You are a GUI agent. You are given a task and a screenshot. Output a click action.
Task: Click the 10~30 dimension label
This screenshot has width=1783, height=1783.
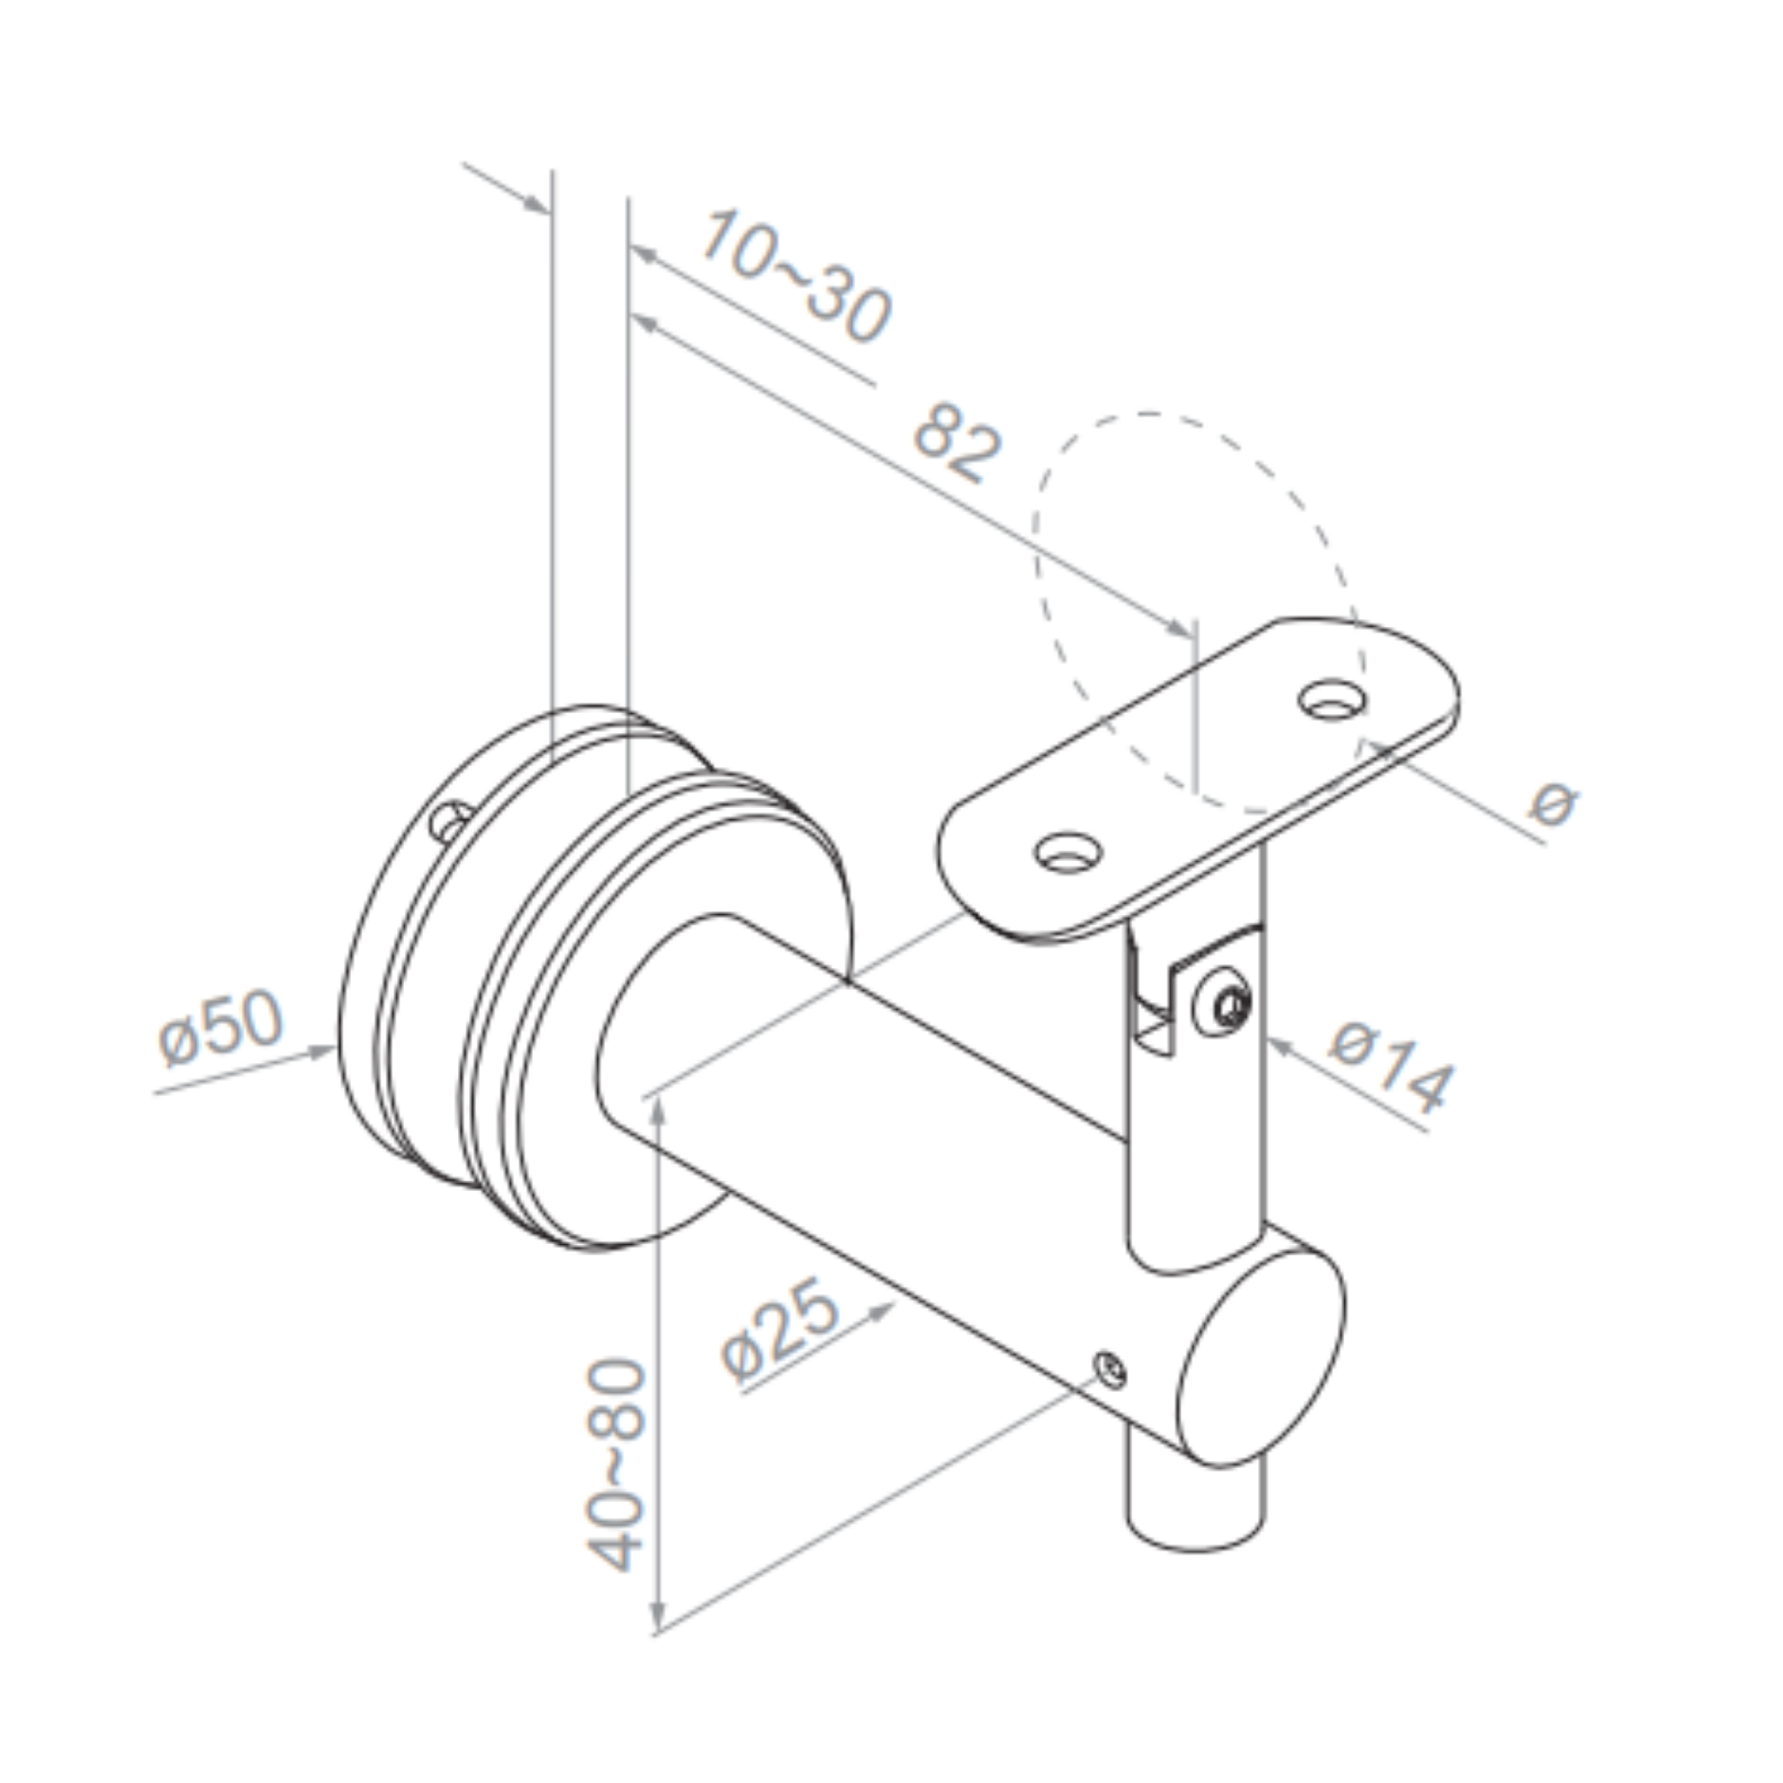(x=796, y=276)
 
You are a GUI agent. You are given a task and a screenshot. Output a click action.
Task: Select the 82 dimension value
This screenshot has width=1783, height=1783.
(x=957, y=441)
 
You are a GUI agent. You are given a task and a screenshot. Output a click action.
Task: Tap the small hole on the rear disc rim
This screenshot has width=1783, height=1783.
(x=451, y=820)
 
